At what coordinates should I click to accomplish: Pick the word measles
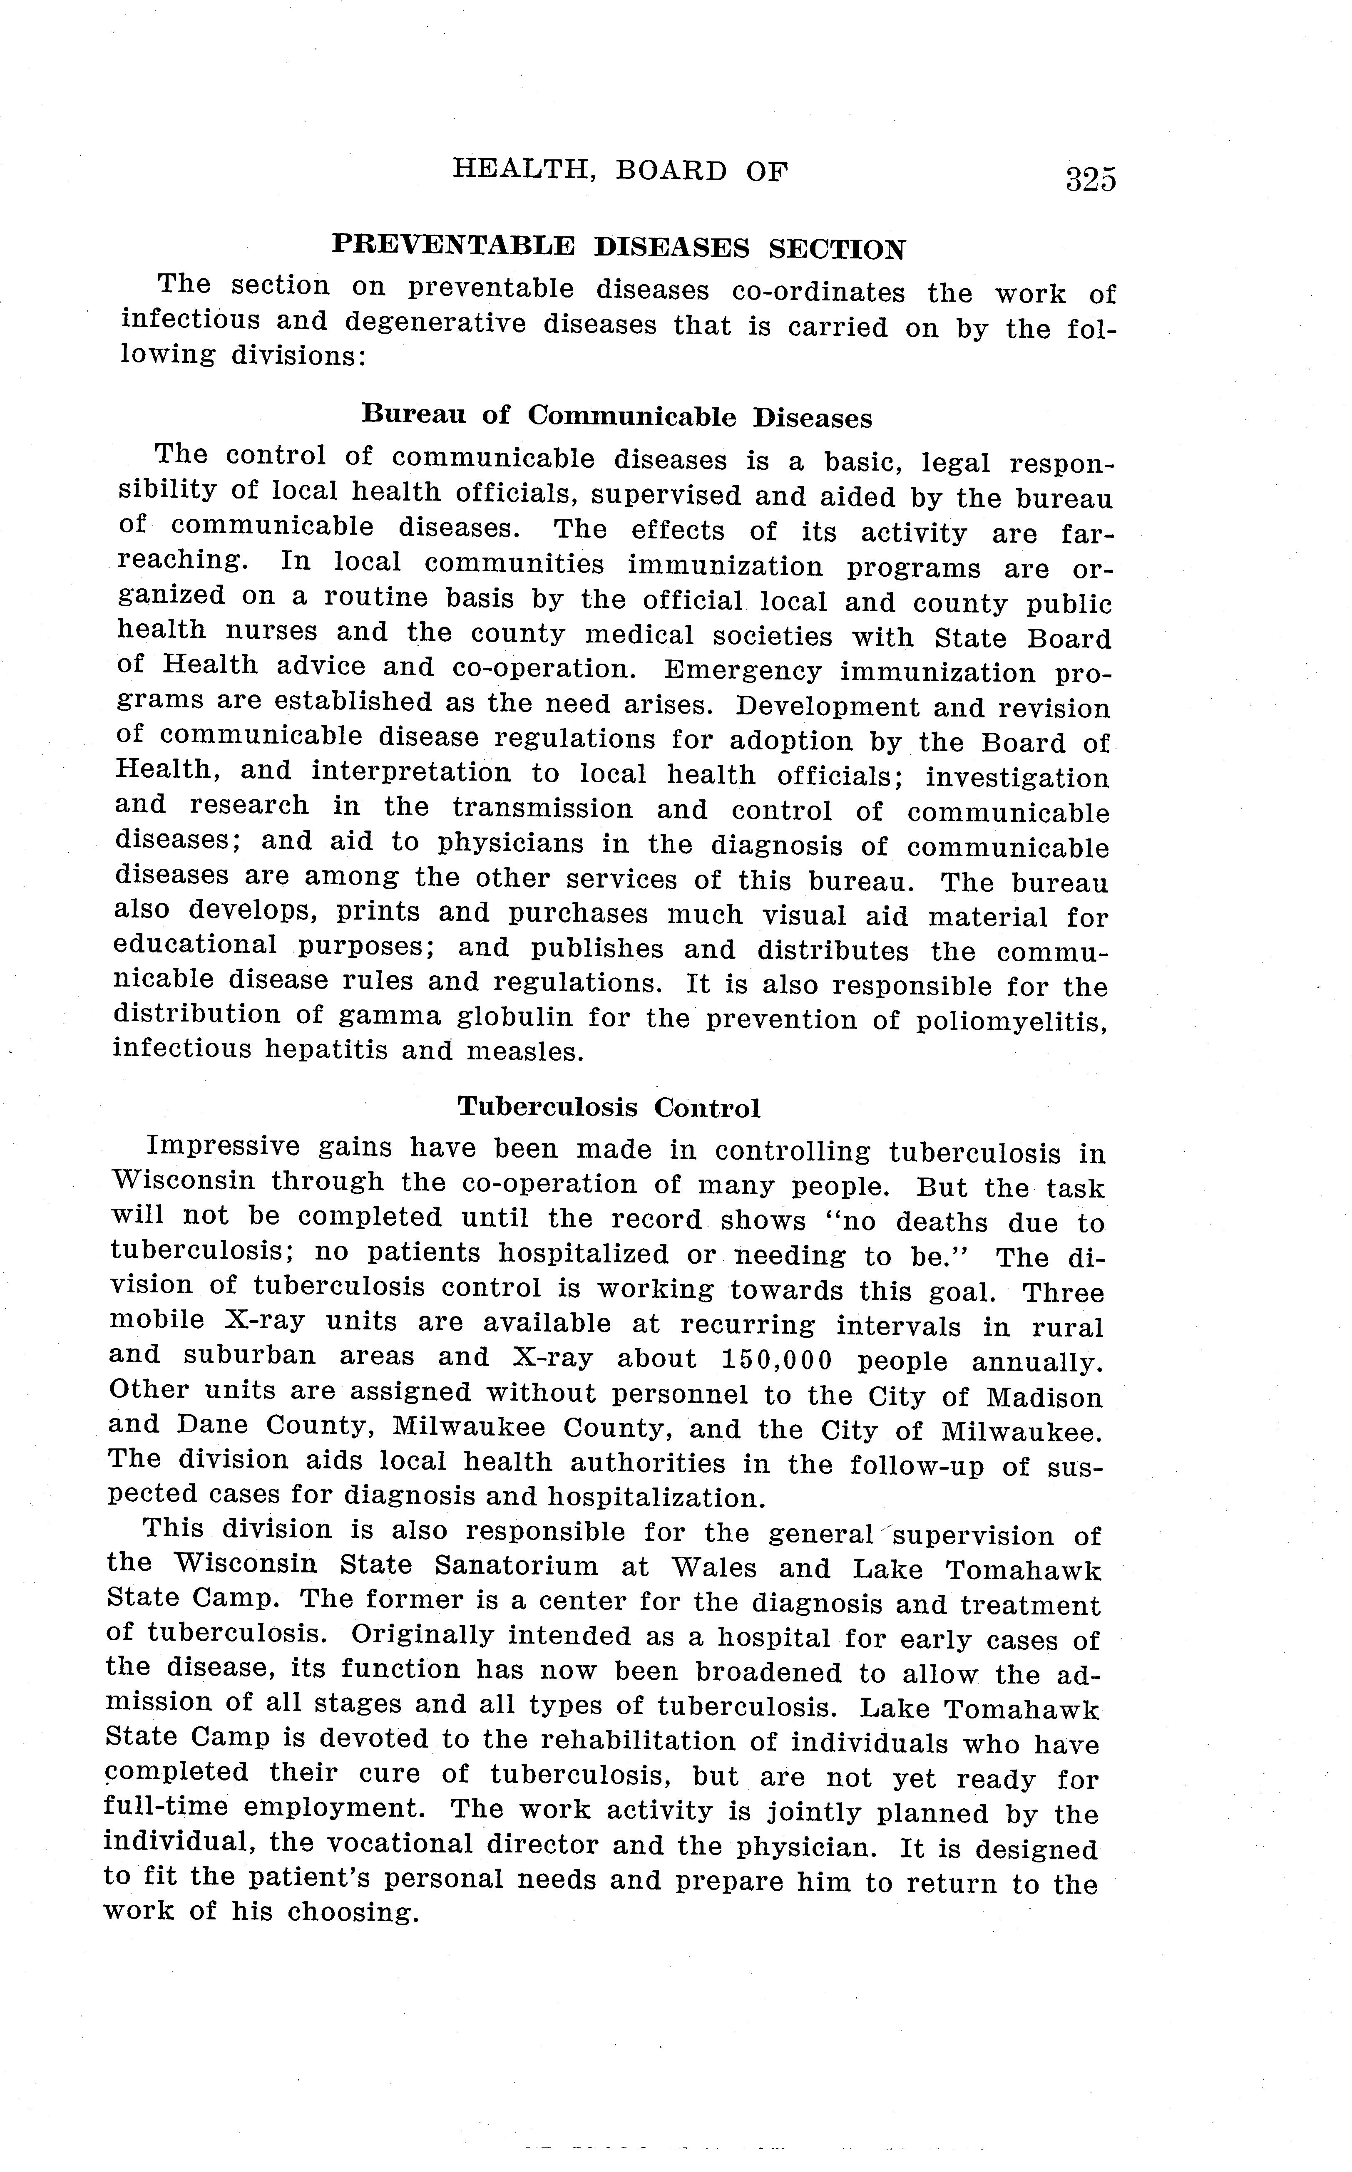(525, 1051)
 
